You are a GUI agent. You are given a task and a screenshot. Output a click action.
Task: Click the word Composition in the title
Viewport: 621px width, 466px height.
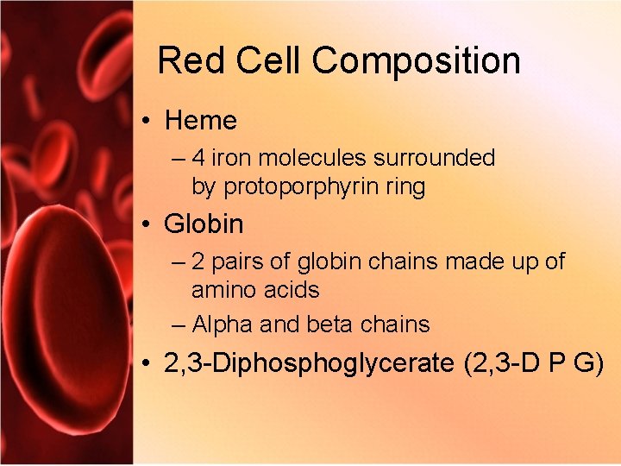[417, 61]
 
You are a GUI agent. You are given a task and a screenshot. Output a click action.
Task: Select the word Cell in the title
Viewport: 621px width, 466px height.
[260, 61]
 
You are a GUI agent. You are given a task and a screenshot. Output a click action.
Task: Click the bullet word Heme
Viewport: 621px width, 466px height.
[200, 121]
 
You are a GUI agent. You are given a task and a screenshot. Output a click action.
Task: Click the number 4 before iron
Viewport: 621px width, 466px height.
[198, 158]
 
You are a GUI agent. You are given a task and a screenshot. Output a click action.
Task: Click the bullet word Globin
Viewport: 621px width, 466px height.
[204, 224]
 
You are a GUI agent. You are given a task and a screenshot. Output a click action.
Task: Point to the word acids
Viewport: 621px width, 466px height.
[292, 290]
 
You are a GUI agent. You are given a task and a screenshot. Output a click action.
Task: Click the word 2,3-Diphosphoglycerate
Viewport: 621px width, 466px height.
[309, 363]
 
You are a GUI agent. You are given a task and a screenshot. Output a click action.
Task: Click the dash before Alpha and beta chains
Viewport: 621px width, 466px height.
[178, 325]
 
